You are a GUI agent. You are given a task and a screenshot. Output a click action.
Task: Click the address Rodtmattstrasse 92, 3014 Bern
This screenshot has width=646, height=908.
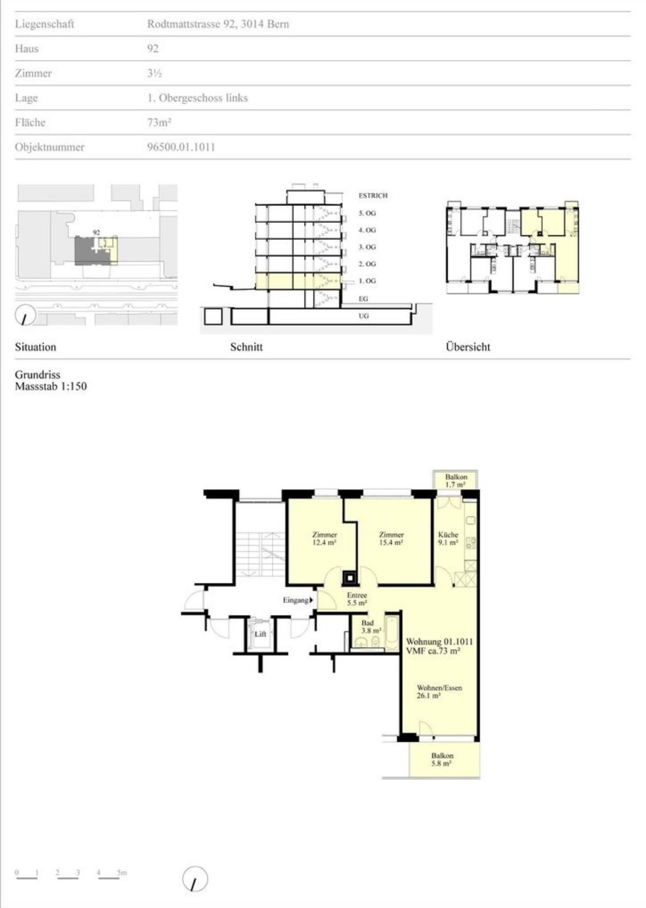coord(218,24)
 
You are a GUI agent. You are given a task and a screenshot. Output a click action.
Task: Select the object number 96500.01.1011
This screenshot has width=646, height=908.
coord(181,146)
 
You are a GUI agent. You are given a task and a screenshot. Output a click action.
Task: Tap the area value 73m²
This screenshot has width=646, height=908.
coord(159,122)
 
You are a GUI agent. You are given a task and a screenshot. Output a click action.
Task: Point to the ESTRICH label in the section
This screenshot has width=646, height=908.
coord(373,196)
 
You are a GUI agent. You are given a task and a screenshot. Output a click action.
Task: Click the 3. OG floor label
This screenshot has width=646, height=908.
coord(367,247)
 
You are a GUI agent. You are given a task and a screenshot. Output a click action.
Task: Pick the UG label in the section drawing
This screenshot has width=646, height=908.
coord(363,316)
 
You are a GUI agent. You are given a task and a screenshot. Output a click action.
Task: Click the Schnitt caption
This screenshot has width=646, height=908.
coord(246,347)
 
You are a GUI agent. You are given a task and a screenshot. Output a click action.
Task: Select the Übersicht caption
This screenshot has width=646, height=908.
coord(468,347)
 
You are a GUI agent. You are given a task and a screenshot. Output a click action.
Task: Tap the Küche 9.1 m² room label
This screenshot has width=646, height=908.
coord(448,538)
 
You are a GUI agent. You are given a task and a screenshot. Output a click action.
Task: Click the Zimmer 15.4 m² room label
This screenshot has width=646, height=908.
coord(391,538)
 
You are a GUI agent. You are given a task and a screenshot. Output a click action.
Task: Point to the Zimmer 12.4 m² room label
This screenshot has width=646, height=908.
coord(325,538)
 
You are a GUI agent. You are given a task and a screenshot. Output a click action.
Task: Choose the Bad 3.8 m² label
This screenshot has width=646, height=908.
coord(371,627)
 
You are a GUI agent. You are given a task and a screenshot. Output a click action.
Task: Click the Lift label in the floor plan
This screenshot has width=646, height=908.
coord(260,634)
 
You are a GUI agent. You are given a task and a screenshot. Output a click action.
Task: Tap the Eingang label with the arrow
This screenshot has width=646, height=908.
coord(298,600)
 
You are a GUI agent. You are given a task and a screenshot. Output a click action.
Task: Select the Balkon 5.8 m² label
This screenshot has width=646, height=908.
coord(442,760)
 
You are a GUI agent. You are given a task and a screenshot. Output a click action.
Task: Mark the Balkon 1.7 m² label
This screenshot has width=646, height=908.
coord(456,481)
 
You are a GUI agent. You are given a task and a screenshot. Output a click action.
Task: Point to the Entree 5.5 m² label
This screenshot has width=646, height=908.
coord(357,599)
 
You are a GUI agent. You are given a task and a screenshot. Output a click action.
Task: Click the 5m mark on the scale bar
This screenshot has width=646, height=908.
coord(122,872)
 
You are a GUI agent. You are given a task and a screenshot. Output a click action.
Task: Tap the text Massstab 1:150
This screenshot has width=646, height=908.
coord(51,386)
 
